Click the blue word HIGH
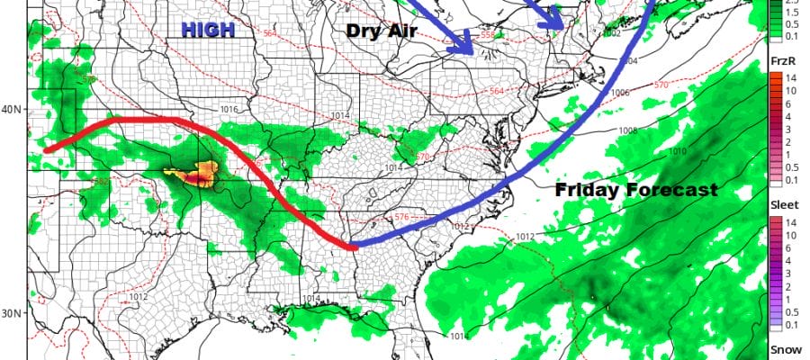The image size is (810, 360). [208, 30]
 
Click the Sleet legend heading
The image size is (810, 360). [780, 205]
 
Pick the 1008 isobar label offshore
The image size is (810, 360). [629, 131]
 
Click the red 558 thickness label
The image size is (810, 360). [489, 35]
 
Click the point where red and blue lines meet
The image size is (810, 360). [354, 245]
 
